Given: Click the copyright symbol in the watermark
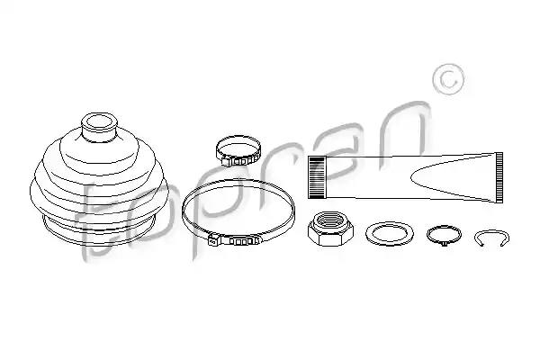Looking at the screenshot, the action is pos(448,79).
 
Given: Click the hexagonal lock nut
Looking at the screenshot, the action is pos(330,229).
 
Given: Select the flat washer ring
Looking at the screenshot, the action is pos(390,234).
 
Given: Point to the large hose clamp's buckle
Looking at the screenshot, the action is pos(234,240).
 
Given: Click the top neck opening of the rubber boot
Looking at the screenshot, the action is pos(99,122).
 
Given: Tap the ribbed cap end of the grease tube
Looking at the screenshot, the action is pos(317,177).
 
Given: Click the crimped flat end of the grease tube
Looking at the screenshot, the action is pos(499,177).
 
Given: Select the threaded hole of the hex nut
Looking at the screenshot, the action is pos(330,220).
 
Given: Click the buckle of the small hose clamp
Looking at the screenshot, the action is pos(238,161).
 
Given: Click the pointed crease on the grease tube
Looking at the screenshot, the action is pos(411,177).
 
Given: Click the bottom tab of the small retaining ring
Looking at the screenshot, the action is pos(444,244).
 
